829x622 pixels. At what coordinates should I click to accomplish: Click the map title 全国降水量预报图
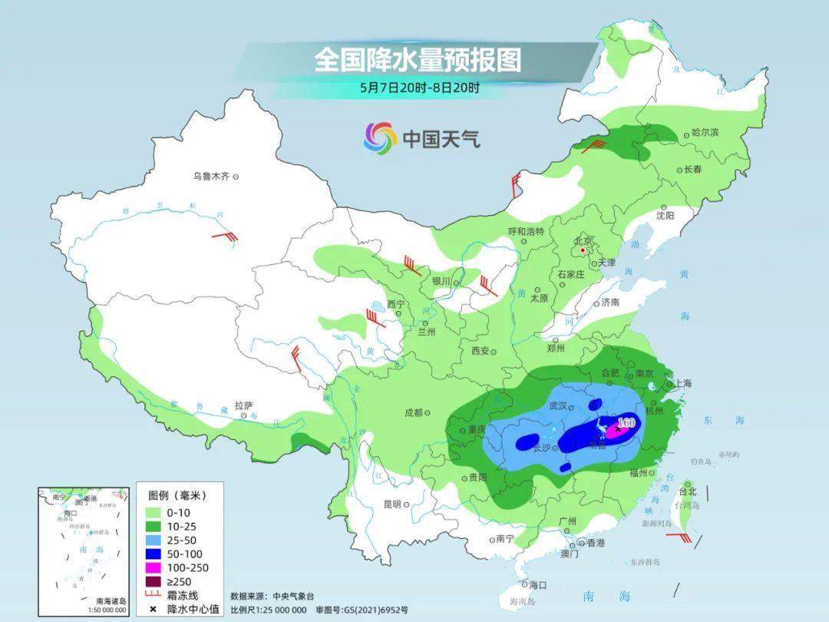[x=417, y=60]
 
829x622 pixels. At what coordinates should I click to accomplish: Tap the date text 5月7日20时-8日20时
[x=419, y=88]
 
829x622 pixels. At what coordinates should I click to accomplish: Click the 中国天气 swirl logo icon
[x=380, y=137]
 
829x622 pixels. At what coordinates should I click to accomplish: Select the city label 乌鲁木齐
[x=211, y=177]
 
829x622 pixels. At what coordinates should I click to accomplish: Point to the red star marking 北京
[x=583, y=250]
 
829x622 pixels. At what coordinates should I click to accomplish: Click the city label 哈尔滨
[x=705, y=133]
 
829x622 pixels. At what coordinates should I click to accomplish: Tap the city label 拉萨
[x=243, y=405]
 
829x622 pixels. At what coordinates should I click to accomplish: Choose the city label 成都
[x=413, y=412]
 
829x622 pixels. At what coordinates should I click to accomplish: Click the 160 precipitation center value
[x=626, y=422]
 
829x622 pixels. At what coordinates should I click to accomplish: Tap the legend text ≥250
[x=177, y=581]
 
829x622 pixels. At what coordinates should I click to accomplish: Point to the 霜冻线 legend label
[x=183, y=595]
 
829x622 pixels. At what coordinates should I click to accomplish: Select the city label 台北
[x=688, y=491]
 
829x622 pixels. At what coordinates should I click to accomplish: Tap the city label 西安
[x=481, y=351]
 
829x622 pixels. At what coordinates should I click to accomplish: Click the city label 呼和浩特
[x=526, y=231]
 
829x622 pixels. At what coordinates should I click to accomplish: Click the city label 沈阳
[x=665, y=217]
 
